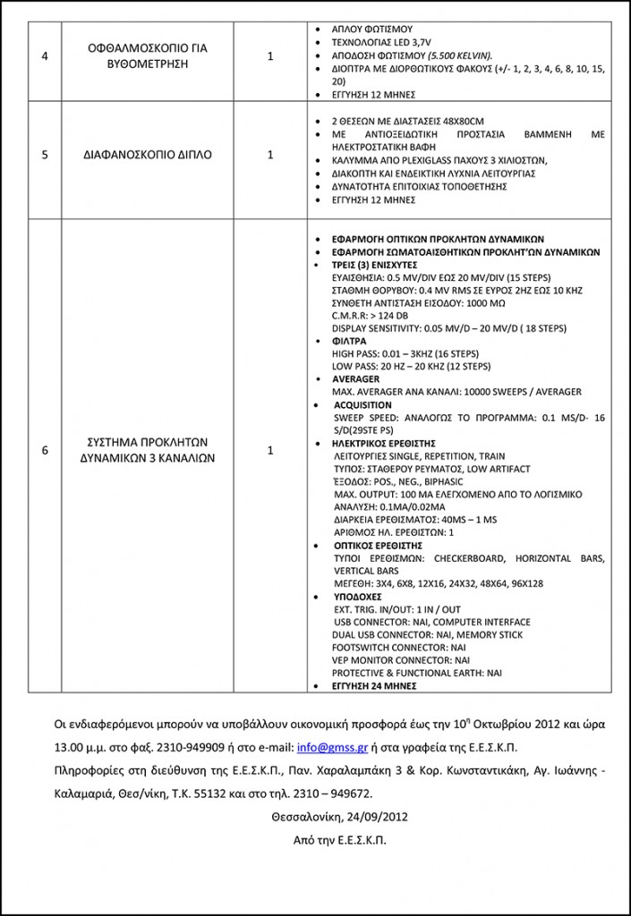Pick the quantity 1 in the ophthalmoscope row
(x=270, y=55)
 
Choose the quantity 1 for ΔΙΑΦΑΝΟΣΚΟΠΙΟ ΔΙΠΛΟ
(x=270, y=154)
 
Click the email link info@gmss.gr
(x=328, y=747)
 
